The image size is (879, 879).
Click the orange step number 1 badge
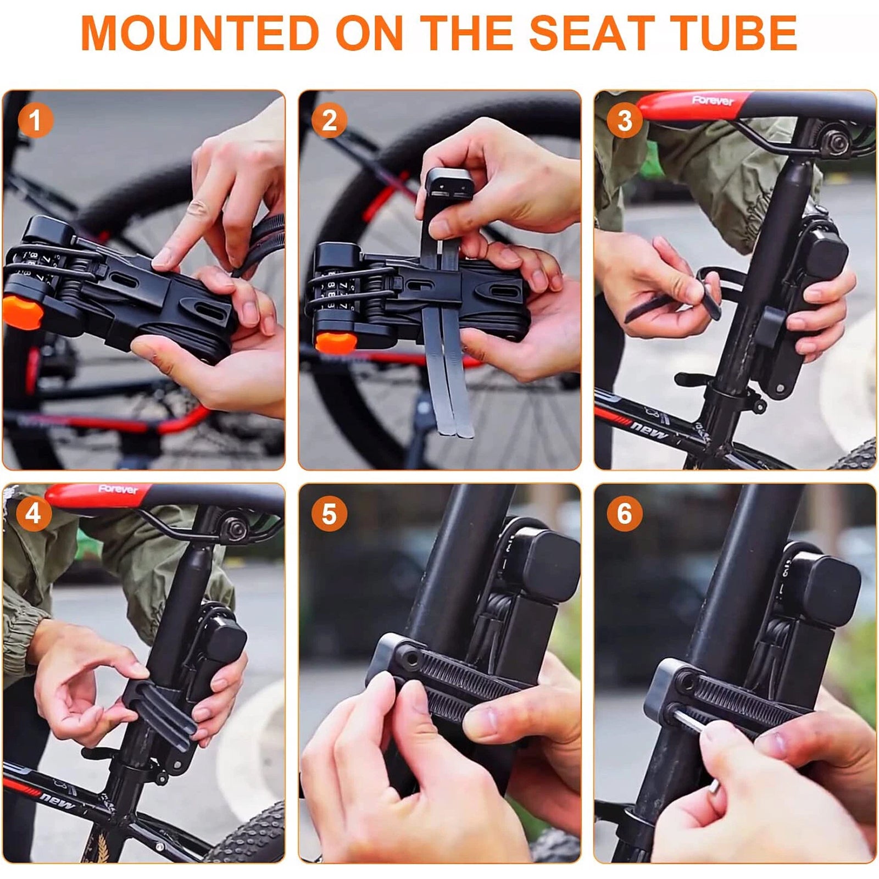pyautogui.click(x=35, y=120)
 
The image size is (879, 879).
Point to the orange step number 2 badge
pyautogui.click(x=330, y=120)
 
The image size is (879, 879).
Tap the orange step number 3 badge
pyautogui.click(x=625, y=120)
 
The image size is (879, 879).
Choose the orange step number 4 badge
pyautogui.click(x=34, y=514)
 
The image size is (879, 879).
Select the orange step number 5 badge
pyautogui.click(x=329, y=514)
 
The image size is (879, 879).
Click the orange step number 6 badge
pyautogui.click(x=625, y=514)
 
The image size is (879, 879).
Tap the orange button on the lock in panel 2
pyautogui.click(x=336, y=342)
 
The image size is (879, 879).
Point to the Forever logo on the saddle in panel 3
pyautogui.click(x=713, y=100)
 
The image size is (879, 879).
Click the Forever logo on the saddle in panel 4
pyautogui.click(x=119, y=489)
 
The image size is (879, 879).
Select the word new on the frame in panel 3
pyautogui.click(x=649, y=427)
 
